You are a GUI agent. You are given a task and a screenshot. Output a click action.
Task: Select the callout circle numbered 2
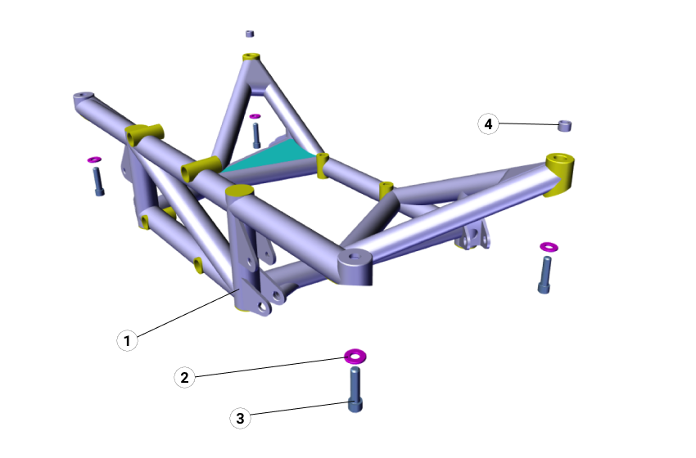click(x=185, y=377)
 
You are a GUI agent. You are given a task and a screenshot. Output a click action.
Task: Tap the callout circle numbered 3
click(x=240, y=418)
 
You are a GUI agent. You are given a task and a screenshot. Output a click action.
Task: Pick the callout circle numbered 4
click(x=489, y=124)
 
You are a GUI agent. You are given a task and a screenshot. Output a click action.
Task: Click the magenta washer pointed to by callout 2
click(x=355, y=356)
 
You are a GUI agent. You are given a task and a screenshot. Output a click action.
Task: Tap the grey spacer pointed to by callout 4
click(x=564, y=125)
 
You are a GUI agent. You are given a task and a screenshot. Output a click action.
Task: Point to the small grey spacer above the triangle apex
click(x=251, y=34)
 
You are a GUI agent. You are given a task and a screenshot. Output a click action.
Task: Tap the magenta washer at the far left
click(x=93, y=159)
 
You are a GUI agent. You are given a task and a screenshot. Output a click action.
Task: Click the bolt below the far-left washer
click(x=98, y=181)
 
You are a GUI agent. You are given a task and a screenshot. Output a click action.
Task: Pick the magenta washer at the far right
click(x=548, y=246)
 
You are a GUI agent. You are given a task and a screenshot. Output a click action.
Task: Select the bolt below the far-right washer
click(x=545, y=274)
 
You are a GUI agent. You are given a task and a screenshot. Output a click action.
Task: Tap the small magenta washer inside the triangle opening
click(x=255, y=116)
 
